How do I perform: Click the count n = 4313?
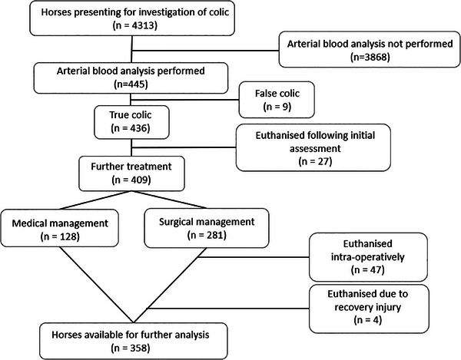(135, 25)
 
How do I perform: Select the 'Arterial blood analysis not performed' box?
(370, 49)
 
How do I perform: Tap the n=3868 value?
(370, 57)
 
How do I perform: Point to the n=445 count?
(131, 84)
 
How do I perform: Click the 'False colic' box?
(277, 100)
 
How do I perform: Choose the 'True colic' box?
(131, 122)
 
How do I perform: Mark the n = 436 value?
(131, 128)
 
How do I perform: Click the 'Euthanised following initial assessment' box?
(313, 147)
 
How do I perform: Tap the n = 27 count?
(315, 161)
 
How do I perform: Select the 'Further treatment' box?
(131, 173)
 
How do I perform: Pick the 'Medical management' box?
(60, 228)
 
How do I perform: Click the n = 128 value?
(60, 236)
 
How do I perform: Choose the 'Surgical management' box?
(207, 228)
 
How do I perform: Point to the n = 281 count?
(207, 235)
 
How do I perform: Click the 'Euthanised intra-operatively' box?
(368, 257)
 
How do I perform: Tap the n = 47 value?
(368, 269)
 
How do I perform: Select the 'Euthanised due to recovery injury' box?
(369, 309)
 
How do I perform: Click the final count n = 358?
(131, 348)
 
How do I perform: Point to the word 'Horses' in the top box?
(56, 12)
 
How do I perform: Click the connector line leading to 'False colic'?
(185, 100)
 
